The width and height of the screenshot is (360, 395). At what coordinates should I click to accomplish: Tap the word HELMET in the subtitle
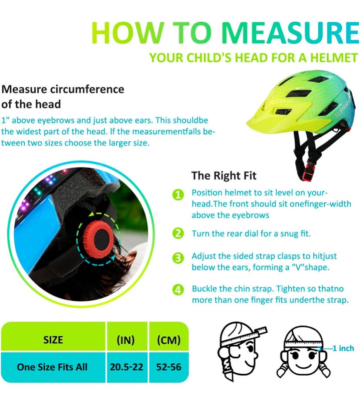pyautogui.click(x=334, y=58)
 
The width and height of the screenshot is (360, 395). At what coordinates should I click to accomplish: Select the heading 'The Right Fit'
pyautogui.click(x=224, y=176)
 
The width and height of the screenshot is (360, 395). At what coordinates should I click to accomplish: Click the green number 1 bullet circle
pyautogui.click(x=178, y=195)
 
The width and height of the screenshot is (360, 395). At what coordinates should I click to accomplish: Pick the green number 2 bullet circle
pyautogui.click(x=178, y=233)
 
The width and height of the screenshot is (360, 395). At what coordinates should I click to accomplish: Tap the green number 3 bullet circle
pyautogui.click(x=178, y=258)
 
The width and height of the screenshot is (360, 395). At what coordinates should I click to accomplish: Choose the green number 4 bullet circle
pyautogui.click(x=178, y=290)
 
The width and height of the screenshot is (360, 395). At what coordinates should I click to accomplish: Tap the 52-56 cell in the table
pyautogui.click(x=169, y=367)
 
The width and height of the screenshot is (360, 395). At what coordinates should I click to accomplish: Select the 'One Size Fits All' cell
pyautogui.click(x=53, y=367)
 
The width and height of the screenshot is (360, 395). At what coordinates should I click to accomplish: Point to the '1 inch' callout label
pyautogui.click(x=343, y=348)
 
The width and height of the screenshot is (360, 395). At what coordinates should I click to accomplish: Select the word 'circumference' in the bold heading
pyautogui.click(x=87, y=89)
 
